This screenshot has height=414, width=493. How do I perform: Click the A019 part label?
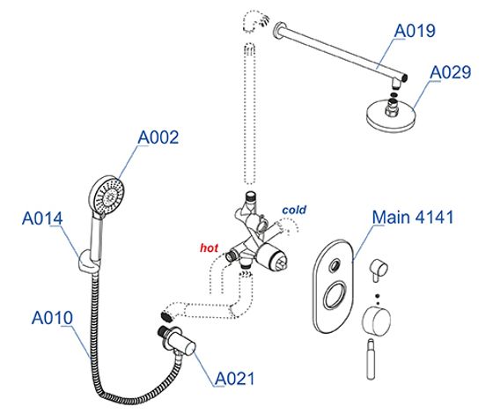(x=415, y=31)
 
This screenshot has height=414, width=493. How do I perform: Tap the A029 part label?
(x=450, y=72)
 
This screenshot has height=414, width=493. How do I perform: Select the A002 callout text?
(x=158, y=137)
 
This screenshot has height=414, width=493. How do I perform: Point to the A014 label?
(x=42, y=218)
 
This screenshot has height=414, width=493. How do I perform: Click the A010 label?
(x=52, y=318)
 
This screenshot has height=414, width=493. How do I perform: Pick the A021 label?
(x=234, y=379)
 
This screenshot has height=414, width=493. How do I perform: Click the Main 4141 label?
(x=413, y=217)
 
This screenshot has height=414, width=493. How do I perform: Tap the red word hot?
(x=210, y=248)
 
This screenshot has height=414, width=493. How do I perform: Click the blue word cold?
(x=294, y=210)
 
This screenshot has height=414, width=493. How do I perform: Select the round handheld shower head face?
(x=107, y=196)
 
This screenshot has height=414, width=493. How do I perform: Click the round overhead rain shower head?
(x=391, y=115)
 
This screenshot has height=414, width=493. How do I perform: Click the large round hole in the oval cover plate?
(x=335, y=295)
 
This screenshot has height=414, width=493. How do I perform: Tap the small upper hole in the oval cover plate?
(x=335, y=266)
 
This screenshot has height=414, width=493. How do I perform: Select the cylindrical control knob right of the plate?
(x=377, y=322)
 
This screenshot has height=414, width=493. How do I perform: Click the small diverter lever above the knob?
(x=378, y=270)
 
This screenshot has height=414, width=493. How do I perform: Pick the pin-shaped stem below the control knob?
(x=371, y=359)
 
